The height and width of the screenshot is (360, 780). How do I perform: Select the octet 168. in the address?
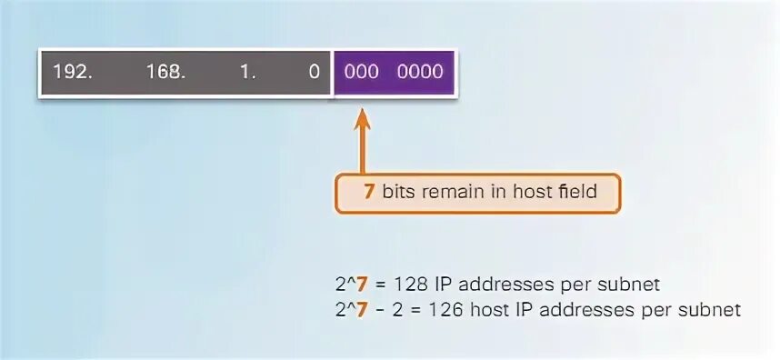165,72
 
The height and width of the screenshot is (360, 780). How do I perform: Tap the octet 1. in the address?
248,72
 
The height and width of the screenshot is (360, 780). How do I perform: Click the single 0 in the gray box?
315,72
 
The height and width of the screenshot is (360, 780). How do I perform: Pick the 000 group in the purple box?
361,72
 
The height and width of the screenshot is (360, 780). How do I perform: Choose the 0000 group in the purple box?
419,72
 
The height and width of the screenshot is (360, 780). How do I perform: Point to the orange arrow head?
362,117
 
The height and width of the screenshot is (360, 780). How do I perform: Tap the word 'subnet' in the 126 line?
715,310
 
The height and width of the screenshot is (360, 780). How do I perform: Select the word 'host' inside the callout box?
531,193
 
